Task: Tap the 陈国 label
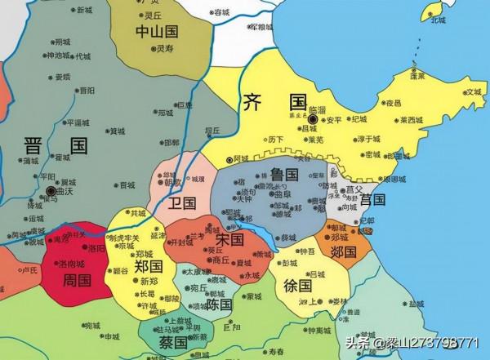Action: [x=220, y=304]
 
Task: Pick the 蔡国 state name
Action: [x=173, y=341]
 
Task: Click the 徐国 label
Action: [x=299, y=286]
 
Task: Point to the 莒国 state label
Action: [x=372, y=198]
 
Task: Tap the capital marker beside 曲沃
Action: [x=51, y=191]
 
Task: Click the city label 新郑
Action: [x=148, y=282]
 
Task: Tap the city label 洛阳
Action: [x=96, y=247]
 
